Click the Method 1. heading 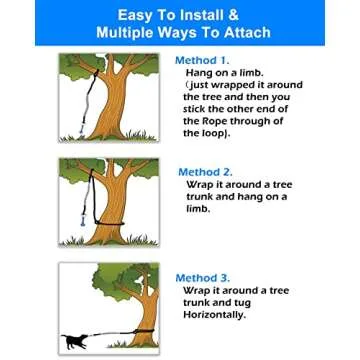(x=206, y=61)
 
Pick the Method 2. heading (x=206, y=172)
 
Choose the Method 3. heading (x=204, y=277)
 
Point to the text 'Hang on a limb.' (x=225, y=73)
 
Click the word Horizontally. (x=216, y=314)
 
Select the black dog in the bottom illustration (x=78, y=342)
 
